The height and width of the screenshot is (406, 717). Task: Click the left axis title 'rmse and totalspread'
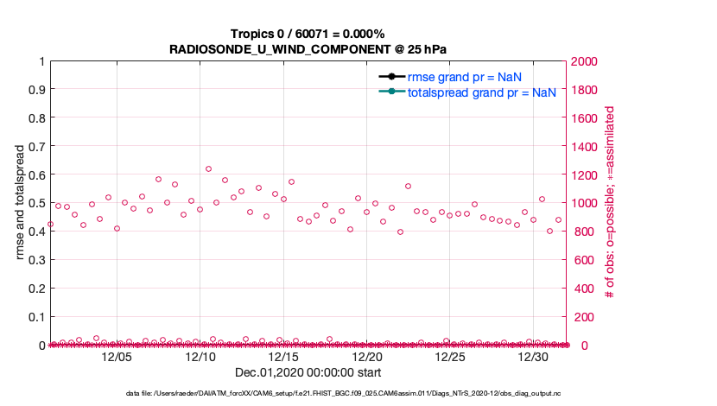19,203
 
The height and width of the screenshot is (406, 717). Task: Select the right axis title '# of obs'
610,203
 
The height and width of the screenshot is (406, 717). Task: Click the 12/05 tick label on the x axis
117,357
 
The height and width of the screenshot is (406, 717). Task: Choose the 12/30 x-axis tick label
533,357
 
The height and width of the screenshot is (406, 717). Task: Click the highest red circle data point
208,169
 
